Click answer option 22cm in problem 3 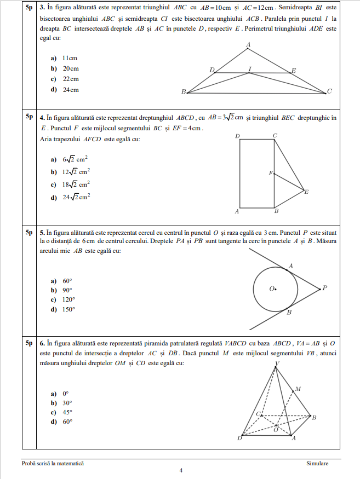70,79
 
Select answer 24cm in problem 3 70,90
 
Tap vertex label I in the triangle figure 250,68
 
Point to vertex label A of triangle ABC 249,44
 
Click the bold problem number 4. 42,117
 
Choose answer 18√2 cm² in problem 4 76,184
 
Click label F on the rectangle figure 270,174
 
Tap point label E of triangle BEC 306,192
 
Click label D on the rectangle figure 237,136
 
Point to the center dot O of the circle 276,288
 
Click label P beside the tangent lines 324,287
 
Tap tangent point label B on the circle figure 289,312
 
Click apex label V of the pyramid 277,363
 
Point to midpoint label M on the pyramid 298,389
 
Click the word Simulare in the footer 318,464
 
